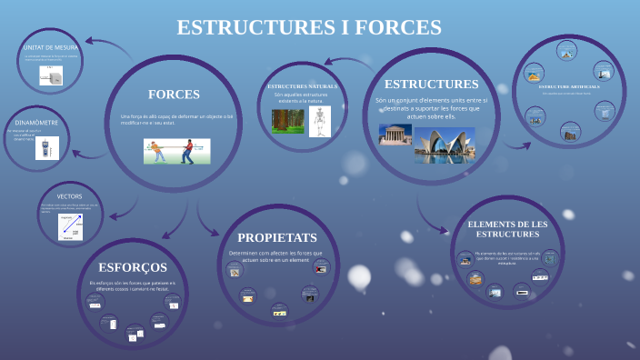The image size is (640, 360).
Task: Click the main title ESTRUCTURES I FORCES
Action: [309, 27]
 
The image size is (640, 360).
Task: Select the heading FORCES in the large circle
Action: [174, 94]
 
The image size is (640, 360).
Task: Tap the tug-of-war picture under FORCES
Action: [173, 150]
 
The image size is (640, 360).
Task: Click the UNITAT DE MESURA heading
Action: [50, 47]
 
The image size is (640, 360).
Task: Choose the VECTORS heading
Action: [69, 196]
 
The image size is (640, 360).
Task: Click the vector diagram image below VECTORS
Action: [70, 226]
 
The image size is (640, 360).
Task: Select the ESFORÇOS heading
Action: [133, 267]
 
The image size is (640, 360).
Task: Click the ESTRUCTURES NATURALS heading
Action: [303, 86]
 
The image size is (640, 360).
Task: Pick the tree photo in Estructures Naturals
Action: [286, 121]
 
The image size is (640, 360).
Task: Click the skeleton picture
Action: [318, 122]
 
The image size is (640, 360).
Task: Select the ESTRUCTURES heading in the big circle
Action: [431, 84]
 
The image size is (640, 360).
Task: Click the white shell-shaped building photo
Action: [445, 143]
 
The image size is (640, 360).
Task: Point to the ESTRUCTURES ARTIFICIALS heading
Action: [569, 86]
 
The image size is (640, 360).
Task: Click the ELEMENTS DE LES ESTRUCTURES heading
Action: [507, 229]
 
